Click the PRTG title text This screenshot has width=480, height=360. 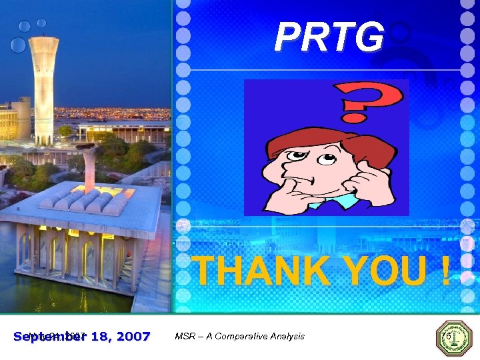pyautogui.click(x=329, y=37)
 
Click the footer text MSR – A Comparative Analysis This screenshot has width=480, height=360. pyautogui.click(x=239, y=336)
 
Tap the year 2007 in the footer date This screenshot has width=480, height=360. pyautogui.click(x=130, y=336)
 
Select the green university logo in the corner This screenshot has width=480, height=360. pyautogui.click(x=453, y=338)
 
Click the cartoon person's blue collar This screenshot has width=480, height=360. pyautogui.click(x=337, y=200)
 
